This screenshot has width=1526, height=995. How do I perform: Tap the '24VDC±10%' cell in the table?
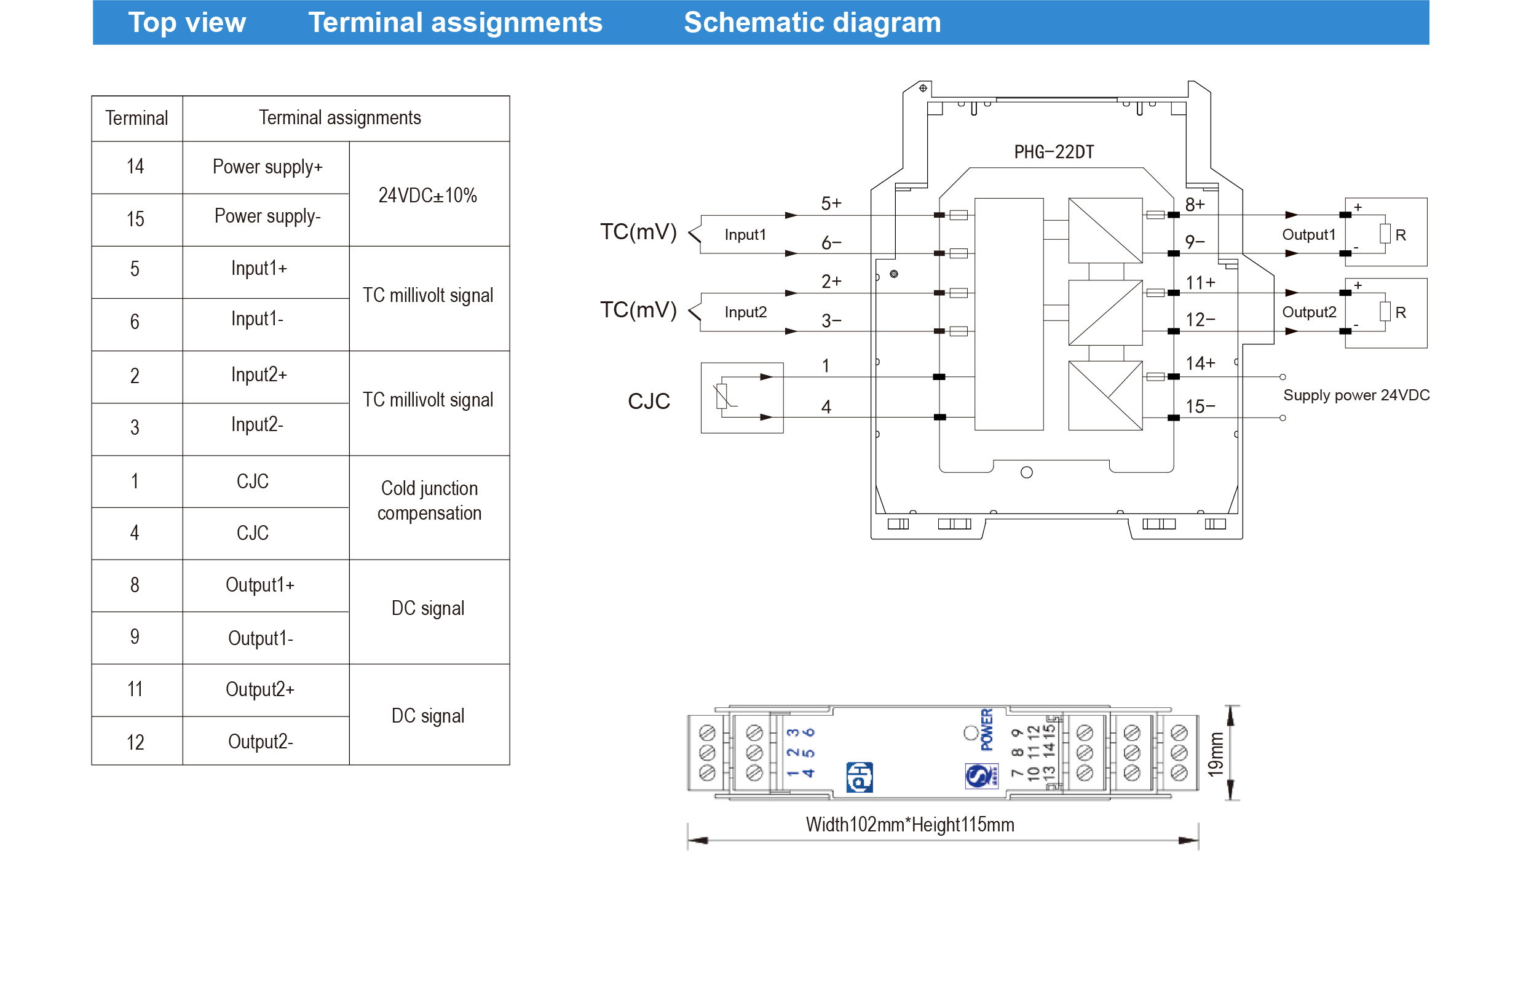(x=428, y=195)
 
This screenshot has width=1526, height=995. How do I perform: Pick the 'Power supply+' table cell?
(x=267, y=167)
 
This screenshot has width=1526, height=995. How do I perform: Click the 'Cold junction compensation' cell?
(x=429, y=500)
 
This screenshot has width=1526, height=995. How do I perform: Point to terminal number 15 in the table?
(x=135, y=220)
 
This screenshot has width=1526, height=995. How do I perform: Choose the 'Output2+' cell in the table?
(x=259, y=689)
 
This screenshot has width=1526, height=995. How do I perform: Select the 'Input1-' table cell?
(x=257, y=319)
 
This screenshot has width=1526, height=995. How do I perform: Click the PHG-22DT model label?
(x=1053, y=152)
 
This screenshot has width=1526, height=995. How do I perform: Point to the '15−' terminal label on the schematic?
(x=1200, y=406)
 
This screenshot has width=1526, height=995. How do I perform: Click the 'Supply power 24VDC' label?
(x=1356, y=395)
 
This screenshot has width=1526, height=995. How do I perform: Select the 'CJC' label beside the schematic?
(x=649, y=402)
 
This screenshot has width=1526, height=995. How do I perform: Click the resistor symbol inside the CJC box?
(x=722, y=395)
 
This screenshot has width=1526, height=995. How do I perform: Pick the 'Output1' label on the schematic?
(x=1308, y=235)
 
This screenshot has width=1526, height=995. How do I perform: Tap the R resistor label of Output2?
(x=1401, y=312)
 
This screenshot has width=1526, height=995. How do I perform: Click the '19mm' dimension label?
(x=1215, y=754)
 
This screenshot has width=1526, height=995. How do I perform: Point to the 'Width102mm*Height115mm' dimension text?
(x=909, y=825)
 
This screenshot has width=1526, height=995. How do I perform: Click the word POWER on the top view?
(x=987, y=729)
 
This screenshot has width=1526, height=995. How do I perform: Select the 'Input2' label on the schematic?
(x=745, y=312)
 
